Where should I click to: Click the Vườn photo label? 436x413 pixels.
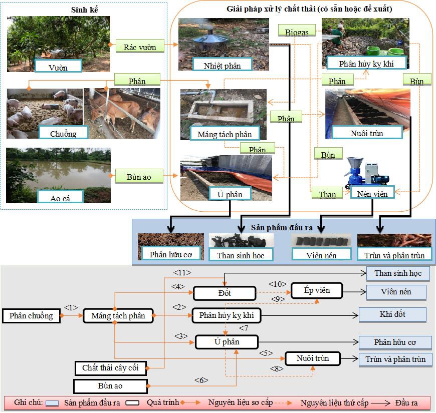(x=59, y=66)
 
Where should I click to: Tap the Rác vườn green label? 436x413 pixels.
(x=140, y=47)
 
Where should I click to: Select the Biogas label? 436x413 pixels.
(x=297, y=31)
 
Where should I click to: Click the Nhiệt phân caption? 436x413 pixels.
(x=223, y=65)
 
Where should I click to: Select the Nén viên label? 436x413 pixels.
(x=372, y=193)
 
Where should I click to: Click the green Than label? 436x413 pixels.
(x=327, y=194)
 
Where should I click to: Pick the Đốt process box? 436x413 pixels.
(x=225, y=293)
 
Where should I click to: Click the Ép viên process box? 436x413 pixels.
(x=317, y=290)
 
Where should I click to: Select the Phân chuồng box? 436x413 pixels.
(x=31, y=316)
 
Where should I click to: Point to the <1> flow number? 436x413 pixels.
(x=72, y=307)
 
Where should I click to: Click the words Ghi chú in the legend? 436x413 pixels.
(x=28, y=402)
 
